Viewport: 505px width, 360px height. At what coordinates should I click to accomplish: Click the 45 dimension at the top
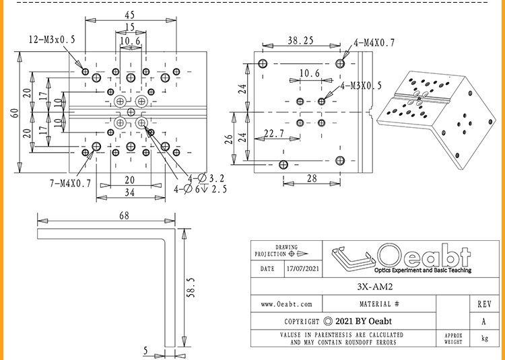[x=129, y=15]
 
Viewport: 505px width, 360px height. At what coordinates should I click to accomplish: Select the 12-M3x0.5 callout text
[x=52, y=40]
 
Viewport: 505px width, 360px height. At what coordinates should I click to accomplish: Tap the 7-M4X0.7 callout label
[x=71, y=184]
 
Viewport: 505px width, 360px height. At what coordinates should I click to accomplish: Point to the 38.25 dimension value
[x=301, y=40]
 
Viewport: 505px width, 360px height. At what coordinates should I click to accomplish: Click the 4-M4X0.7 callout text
[x=374, y=43]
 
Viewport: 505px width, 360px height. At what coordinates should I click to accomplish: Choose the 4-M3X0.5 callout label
[x=361, y=85]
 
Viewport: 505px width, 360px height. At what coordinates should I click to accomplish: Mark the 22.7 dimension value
[x=274, y=133]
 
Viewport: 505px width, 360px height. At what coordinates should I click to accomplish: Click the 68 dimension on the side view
[x=124, y=215]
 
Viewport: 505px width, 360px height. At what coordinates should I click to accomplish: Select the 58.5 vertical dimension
[x=191, y=287]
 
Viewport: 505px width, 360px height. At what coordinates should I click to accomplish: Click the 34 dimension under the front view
[x=129, y=192]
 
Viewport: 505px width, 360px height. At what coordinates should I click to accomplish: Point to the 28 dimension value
[x=312, y=178]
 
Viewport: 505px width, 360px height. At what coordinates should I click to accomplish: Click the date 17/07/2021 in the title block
[x=304, y=268]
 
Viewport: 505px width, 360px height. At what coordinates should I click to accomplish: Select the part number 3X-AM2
[x=375, y=287]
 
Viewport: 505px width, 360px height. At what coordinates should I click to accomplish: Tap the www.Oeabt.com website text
[x=286, y=304]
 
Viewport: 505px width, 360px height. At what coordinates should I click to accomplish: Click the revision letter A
[x=483, y=322]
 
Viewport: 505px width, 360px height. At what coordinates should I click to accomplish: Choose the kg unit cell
[x=484, y=338]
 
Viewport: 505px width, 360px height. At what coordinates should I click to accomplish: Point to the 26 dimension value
[x=228, y=139]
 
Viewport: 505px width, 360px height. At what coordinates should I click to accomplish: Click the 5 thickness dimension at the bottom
[x=145, y=351]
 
